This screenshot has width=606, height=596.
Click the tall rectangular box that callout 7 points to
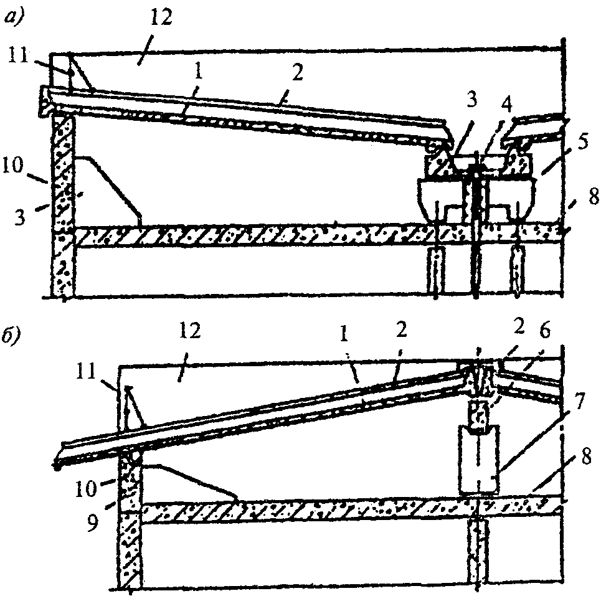[478, 459]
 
